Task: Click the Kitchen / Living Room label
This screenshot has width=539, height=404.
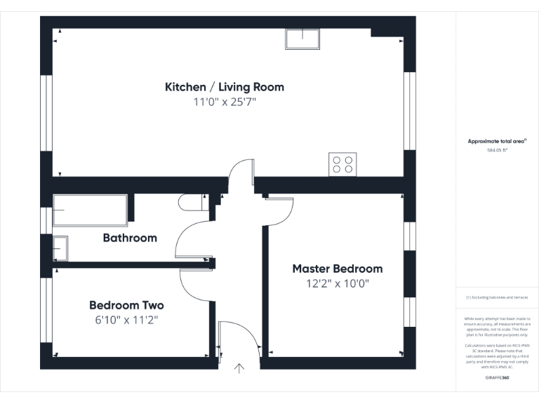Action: [x=224, y=87]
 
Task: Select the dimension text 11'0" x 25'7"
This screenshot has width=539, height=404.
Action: [x=224, y=102]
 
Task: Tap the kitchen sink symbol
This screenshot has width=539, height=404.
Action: [x=302, y=39]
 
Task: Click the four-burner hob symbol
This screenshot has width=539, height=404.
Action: [x=342, y=164]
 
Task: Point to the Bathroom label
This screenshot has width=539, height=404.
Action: [x=130, y=238]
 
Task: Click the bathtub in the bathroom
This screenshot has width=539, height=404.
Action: [x=91, y=210]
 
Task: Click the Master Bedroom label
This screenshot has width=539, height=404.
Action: [x=337, y=269]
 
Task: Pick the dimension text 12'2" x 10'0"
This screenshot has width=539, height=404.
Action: [x=337, y=284]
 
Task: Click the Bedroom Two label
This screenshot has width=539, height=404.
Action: [x=126, y=305]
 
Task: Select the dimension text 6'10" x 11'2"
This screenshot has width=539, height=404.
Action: [x=126, y=320]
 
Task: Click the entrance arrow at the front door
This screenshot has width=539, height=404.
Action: [x=240, y=368]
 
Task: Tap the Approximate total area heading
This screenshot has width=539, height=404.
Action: [x=497, y=141]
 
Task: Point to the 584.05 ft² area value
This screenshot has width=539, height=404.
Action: [x=497, y=150]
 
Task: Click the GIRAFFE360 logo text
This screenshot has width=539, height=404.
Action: [x=497, y=378]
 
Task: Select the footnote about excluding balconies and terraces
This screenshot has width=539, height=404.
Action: [x=497, y=297]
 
